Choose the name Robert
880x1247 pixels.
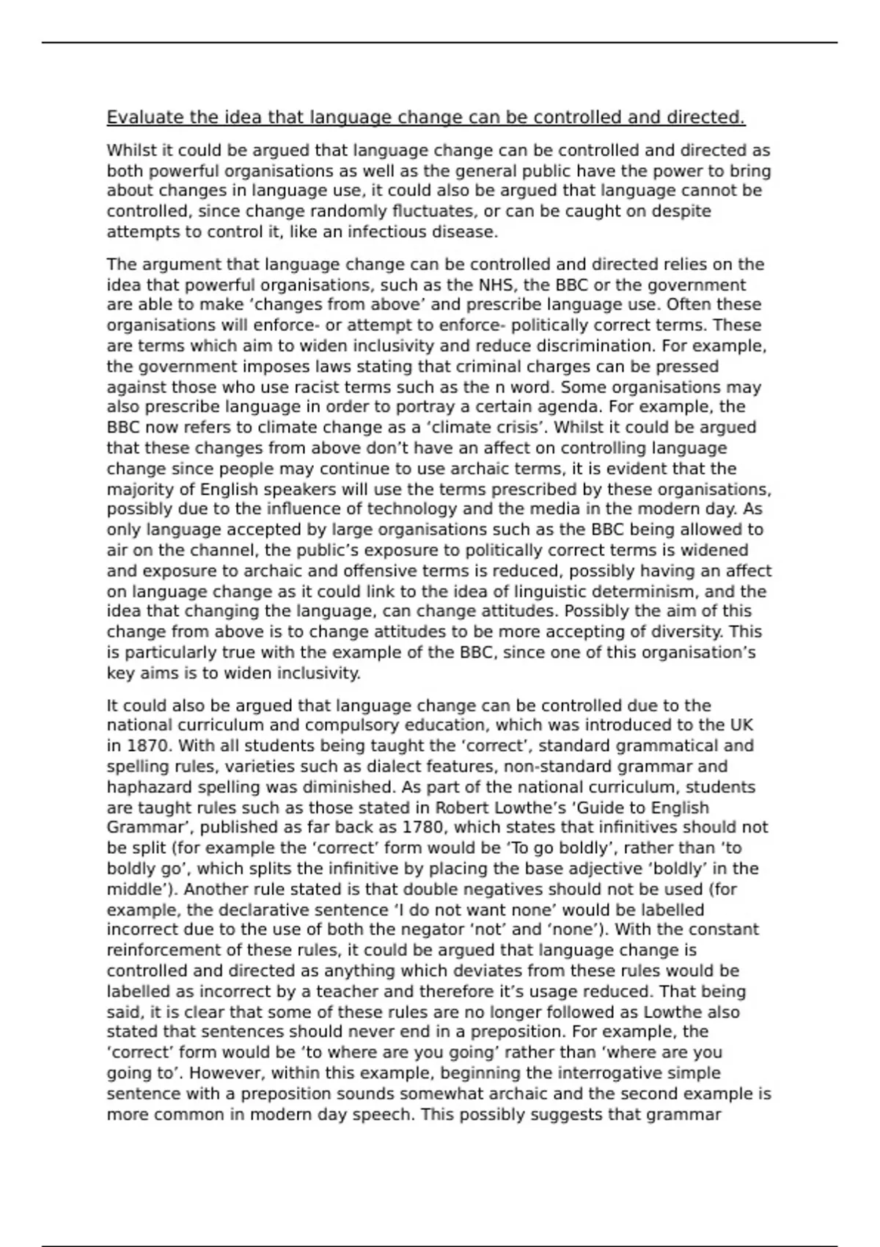tap(464, 808)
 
